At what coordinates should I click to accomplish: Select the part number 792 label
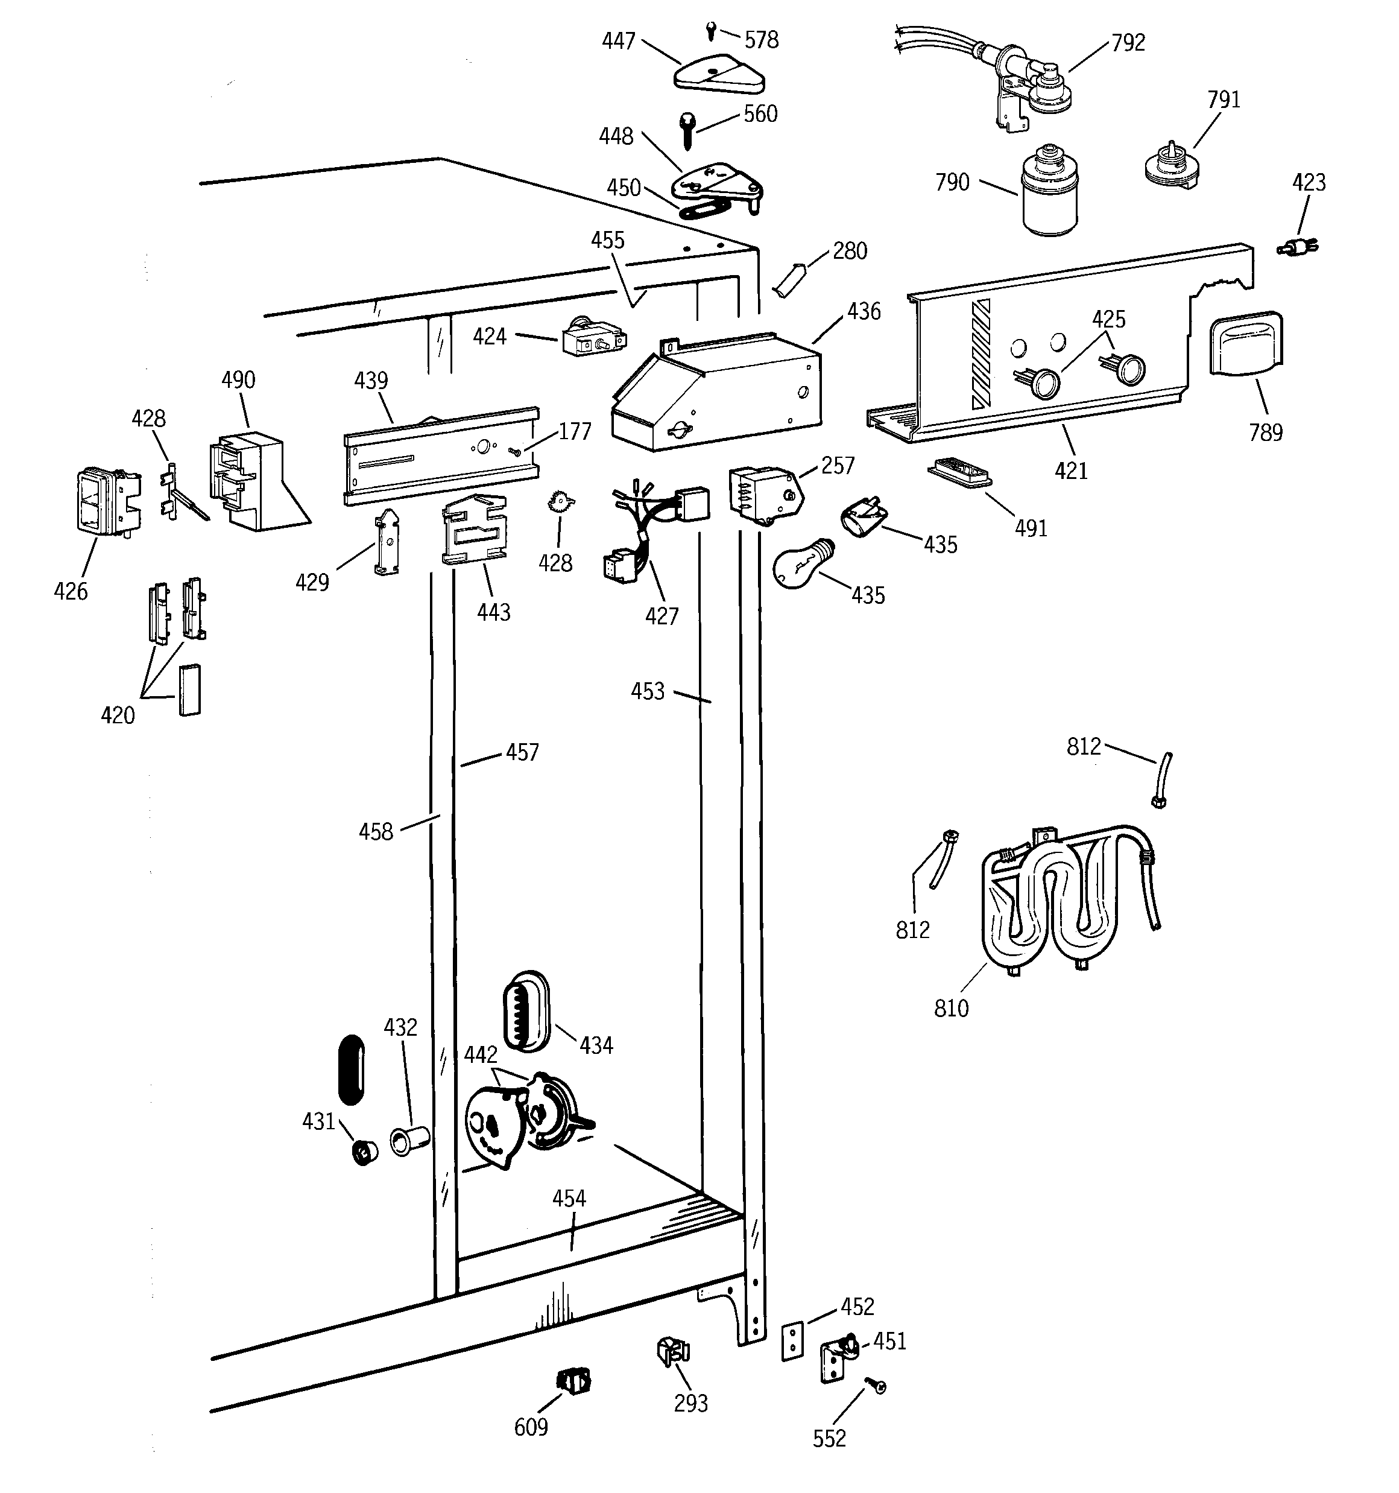1128,43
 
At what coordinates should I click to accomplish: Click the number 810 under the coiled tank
951,1009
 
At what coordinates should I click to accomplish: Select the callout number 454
569,1198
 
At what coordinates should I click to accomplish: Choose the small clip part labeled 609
573,1380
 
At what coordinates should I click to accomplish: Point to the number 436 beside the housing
864,311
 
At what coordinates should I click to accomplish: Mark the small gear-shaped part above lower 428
560,500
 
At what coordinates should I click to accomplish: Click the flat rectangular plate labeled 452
792,1342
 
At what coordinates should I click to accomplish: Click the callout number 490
238,379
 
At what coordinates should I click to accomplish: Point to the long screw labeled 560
687,131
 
